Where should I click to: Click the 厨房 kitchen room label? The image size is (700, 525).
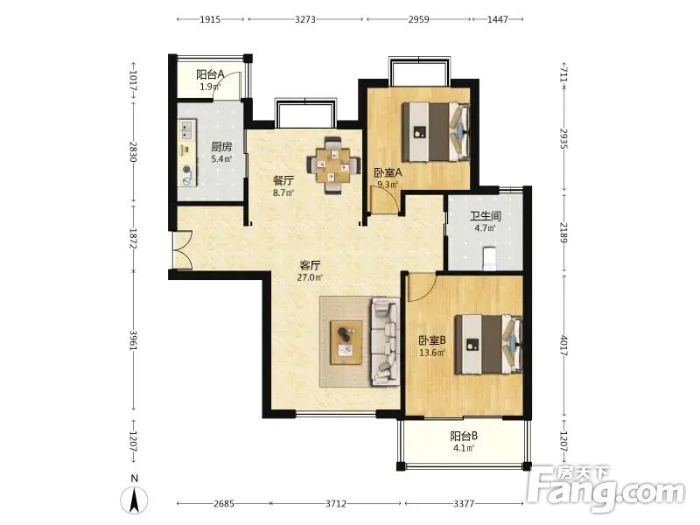(221, 146)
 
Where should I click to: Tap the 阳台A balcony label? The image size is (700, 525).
(210, 74)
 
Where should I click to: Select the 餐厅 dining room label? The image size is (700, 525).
(283, 181)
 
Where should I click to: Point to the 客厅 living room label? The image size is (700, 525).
(310, 265)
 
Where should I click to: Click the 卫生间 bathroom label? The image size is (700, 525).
(486, 216)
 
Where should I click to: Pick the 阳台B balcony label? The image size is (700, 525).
(464, 436)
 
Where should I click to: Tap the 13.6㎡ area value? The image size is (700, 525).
(432, 353)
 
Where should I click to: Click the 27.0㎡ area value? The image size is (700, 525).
(310, 277)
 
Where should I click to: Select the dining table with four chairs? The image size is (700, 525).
(333, 165)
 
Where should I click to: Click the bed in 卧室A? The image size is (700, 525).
(436, 132)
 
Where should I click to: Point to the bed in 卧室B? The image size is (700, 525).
(488, 344)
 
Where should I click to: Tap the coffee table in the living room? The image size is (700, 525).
(346, 342)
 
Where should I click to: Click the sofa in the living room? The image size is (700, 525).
(385, 341)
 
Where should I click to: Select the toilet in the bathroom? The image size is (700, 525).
(490, 258)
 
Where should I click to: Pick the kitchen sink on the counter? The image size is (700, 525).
(187, 129)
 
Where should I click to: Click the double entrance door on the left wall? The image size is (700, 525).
(182, 250)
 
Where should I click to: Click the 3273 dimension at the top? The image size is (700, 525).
(305, 19)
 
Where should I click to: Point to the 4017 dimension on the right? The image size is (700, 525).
(563, 345)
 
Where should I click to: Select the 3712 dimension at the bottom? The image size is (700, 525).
(336, 504)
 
